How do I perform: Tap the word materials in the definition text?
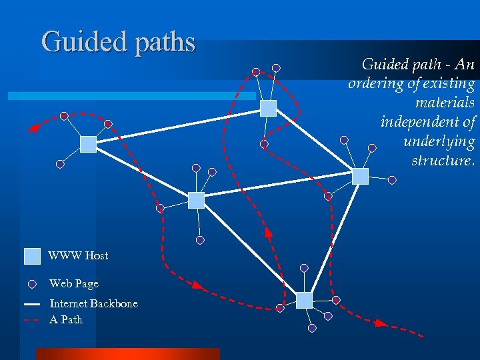445,103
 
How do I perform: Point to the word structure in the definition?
442,161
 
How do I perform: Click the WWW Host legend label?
78,255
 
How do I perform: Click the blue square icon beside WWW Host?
32,256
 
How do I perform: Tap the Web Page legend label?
73,283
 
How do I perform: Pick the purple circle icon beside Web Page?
32,284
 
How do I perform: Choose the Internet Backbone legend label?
93,303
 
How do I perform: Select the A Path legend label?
66,319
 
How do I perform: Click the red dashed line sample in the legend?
32,320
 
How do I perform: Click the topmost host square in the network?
268,108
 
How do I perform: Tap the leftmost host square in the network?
88,144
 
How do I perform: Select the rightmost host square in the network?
360,176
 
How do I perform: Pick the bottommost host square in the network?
304,300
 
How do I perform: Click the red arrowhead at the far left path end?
33,129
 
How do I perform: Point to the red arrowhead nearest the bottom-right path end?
380,323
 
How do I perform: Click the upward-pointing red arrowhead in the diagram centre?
268,233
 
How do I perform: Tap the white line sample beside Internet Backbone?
32,304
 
